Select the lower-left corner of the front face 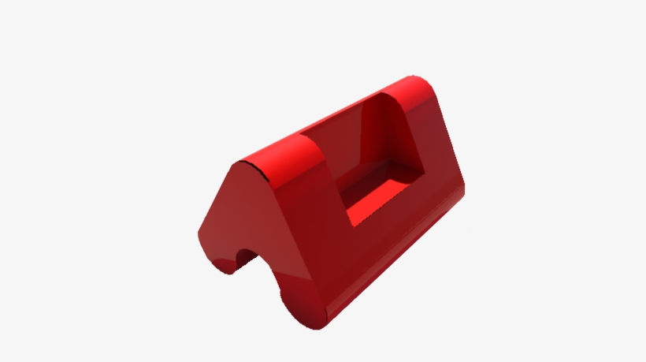pyautogui.click(x=201, y=237)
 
